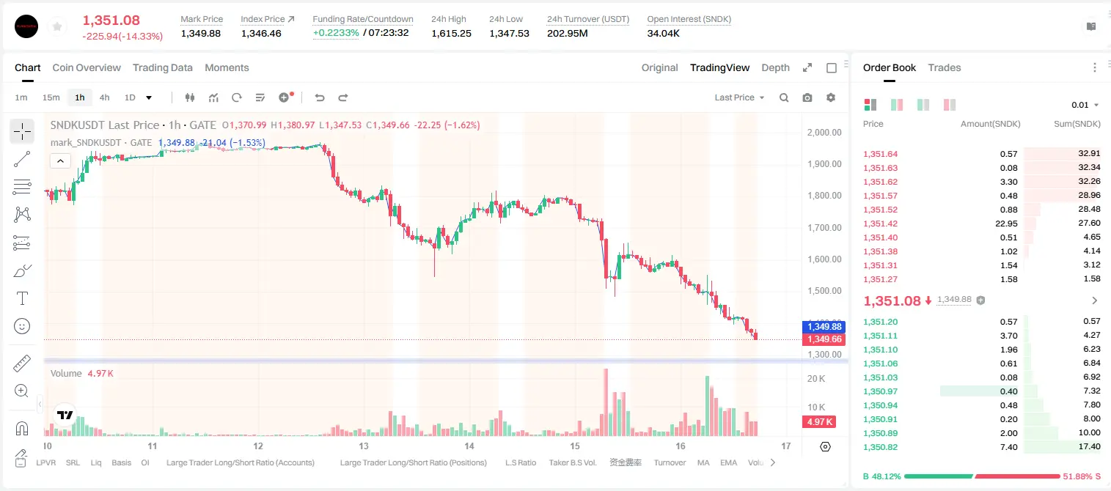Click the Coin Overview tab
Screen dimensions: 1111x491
pyautogui.click(x=87, y=67)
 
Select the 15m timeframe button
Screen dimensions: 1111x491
pyautogui.click(x=51, y=97)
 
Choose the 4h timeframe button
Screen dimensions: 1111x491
pyautogui.click(x=104, y=97)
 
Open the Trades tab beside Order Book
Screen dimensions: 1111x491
pyautogui.click(x=945, y=67)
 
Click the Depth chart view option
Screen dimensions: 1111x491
pyautogui.click(x=775, y=67)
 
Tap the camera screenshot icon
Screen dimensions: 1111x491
pyautogui.click(x=807, y=97)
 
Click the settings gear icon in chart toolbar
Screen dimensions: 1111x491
pyautogui.click(x=831, y=97)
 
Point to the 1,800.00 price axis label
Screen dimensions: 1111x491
pyautogui.click(x=824, y=196)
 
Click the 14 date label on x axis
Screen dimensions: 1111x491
pyautogui.click(x=469, y=446)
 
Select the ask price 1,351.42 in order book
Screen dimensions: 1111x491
pyautogui.click(x=881, y=224)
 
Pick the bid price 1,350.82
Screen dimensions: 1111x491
pyautogui.click(x=881, y=447)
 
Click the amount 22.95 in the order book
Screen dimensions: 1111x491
pyautogui.click(x=1006, y=224)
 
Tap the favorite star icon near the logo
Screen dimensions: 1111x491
pyautogui.click(x=57, y=26)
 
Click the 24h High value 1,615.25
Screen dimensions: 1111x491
pyautogui.click(x=451, y=33)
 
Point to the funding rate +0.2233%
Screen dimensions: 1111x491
pyautogui.click(x=336, y=33)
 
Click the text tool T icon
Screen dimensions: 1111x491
pyautogui.click(x=22, y=298)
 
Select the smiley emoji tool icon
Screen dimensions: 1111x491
pyautogui.click(x=22, y=326)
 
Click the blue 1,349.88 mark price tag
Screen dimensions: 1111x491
pyautogui.click(x=824, y=327)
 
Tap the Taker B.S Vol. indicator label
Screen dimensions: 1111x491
pyautogui.click(x=572, y=462)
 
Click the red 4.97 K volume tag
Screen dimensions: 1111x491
pyautogui.click(x=819, y=421)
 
